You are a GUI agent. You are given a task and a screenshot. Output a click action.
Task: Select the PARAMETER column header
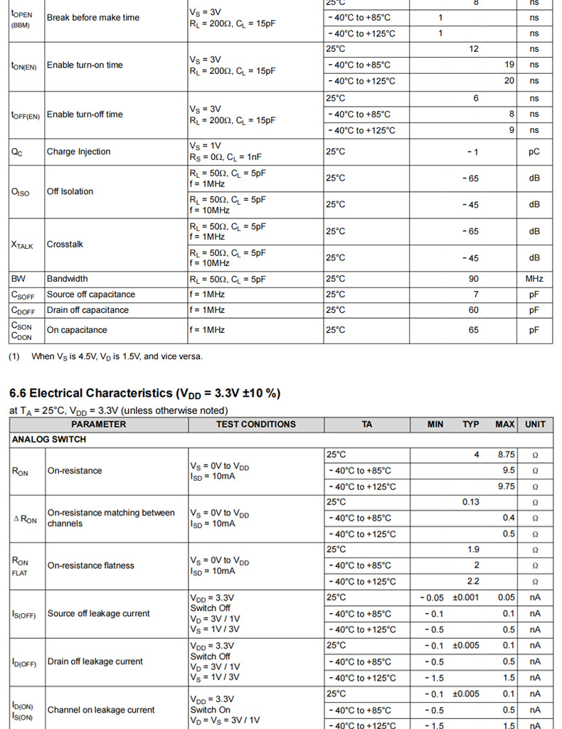coord(98,425)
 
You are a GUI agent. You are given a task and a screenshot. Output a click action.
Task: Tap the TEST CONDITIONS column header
coord(255,425)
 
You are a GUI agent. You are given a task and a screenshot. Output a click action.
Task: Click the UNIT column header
coord(535,425)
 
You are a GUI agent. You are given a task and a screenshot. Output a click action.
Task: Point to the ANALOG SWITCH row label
coord(49,440)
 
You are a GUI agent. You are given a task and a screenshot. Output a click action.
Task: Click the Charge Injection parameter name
coord(78,151)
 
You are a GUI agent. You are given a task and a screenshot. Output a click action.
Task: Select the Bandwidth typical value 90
coord(474,279)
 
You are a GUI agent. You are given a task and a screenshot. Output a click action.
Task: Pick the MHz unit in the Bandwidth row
coord(534,279)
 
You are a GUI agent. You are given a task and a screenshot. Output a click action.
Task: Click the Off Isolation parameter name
coord(70,191)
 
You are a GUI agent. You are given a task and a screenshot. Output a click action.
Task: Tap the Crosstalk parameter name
coord(65,244)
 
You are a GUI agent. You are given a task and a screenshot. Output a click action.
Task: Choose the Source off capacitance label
coord(90,294)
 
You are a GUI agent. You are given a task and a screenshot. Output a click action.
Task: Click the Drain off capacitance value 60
coord(474,310)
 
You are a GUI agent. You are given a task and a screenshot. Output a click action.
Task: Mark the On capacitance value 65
coord(474,330)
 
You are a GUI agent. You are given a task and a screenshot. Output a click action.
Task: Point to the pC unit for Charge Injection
coord(534,151)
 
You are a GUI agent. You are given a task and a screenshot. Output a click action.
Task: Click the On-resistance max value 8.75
coord(506,454)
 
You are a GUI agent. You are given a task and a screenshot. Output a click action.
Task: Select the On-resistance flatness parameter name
coord(90,565)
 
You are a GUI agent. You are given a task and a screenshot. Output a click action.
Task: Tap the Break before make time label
coord(93,17)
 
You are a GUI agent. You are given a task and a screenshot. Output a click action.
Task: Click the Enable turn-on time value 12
coord(474,49)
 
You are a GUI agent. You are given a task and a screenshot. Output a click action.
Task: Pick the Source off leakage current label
coord(98,613)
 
